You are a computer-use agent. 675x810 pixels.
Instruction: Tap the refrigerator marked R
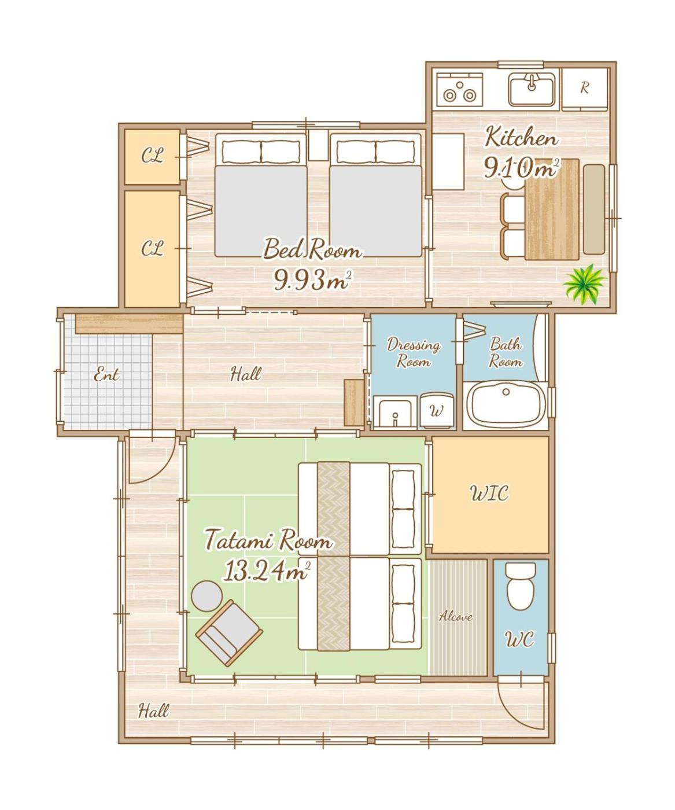click(584, 90)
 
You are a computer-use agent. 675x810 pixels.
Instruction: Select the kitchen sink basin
click(532, 91)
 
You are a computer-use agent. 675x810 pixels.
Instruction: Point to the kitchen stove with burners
click(460, 90)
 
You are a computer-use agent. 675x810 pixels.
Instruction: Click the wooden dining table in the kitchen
click(551, 209)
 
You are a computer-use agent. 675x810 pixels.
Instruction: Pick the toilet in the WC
click(521, 586)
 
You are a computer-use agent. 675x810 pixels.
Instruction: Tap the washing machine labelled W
click(437, 410)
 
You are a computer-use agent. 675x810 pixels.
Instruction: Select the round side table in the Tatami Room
click(207, 596)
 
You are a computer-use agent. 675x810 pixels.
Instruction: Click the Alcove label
click(455, 616)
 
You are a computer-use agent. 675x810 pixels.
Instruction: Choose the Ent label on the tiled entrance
click(106, 375)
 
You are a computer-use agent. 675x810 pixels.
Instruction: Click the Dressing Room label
click(414, 352)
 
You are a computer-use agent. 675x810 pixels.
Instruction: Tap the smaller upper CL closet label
click(153, 156)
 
